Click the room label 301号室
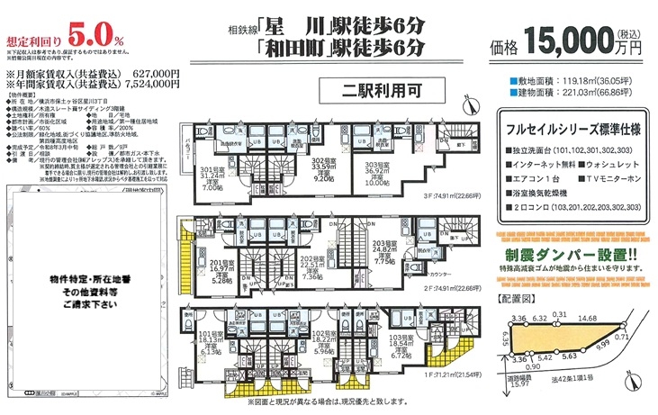point(212,169)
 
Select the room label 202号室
point(311,258)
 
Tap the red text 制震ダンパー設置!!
point(573,255)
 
